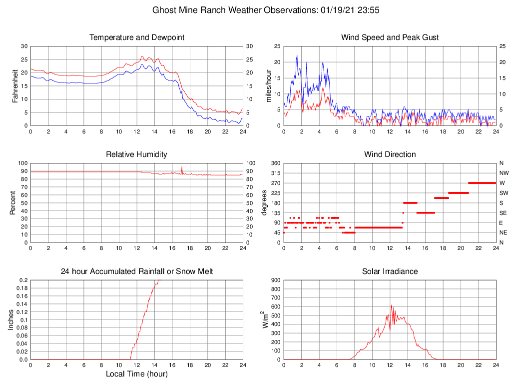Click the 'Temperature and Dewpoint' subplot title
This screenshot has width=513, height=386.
pyautogui.click(x=136, y=37)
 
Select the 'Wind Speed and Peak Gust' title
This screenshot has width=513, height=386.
pyautogui.click(x=390, y=37)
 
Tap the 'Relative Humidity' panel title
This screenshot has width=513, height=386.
pyautogui.click(x=136, y=154)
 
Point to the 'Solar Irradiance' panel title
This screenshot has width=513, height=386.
pyautogui.click(x=390, y=271)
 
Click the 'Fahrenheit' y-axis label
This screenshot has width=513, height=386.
pyautogui.click(x=15, y=86)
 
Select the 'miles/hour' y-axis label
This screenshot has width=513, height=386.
pyautogui.click(x=268, y=86)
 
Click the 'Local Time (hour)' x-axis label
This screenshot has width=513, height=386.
pyautogui.click(x=136, y=374)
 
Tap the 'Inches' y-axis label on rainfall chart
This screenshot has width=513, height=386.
pyautogui.click(x=11, y=320)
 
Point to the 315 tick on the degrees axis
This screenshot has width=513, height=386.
pyautogui.click(x=275, y=173)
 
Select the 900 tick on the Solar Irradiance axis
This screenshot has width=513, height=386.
pyautogui.click(x=275, y=280)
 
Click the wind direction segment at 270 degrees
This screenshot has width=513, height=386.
pyautogui.click(x=482, y=183)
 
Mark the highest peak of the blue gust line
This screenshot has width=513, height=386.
pyautogui.click(x=297, y=55)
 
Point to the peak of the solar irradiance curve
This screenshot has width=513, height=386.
pyautogui.click(x=391, y=305)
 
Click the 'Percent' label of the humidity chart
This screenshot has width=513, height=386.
pyautogui.click(x=13, y=203)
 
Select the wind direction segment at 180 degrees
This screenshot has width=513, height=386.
pyautogui.click(x=410, y=202)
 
